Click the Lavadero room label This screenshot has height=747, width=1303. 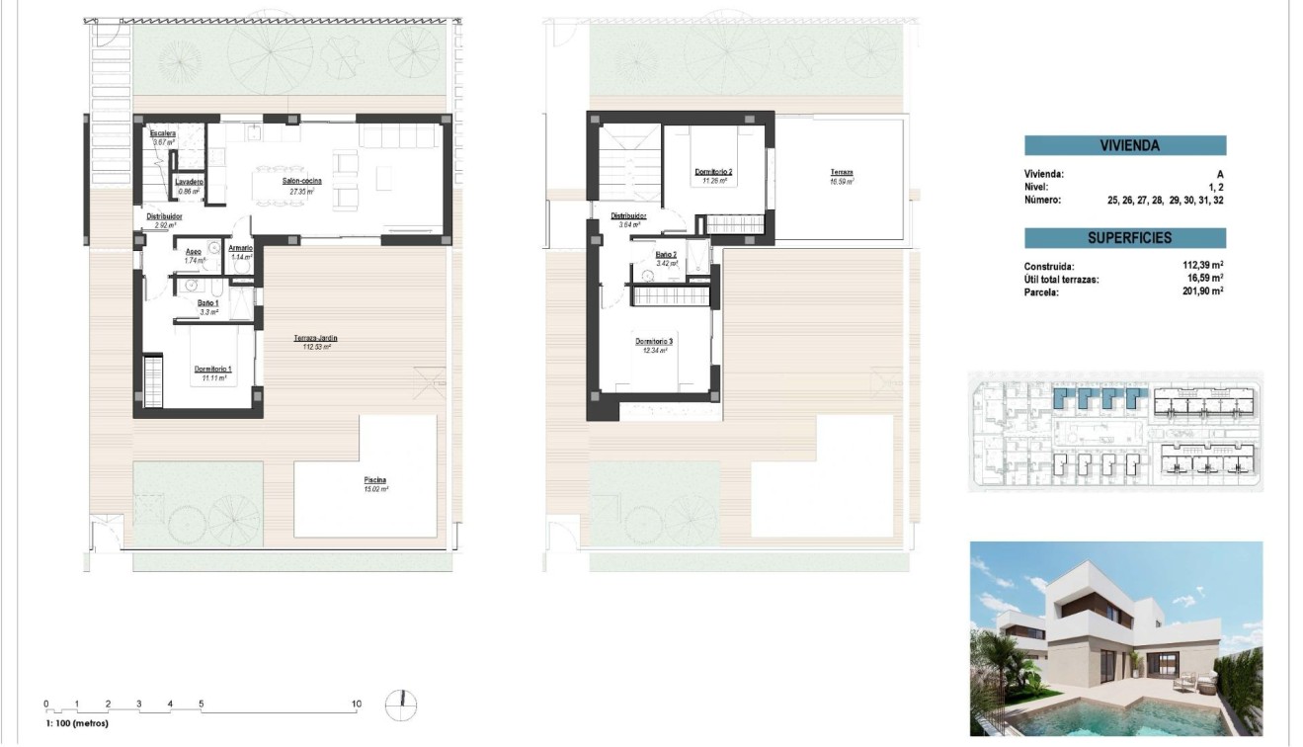[x=189, y=183]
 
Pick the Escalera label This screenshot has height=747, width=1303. [x=163, y=133]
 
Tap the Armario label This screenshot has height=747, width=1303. [x=241, y=248]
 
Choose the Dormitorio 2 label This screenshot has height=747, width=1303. [x=714, y=171]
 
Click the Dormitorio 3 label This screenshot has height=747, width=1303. [x=654, y=342]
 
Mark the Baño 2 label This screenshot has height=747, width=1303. [x=667, y=254]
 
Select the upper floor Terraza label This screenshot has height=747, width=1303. [x=842, y=172]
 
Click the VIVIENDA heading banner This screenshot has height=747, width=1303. [x=1125, y=146]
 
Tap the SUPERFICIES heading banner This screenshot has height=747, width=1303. [x=1125, y=238]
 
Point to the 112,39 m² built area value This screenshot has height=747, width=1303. [x=1202, y=266]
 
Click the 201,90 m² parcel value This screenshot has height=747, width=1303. [x=1202, y=291]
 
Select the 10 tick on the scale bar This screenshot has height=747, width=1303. [x=357, y=705]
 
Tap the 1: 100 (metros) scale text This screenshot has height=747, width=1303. [x=77, y=723]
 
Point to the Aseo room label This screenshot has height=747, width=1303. [x=195, y=252]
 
